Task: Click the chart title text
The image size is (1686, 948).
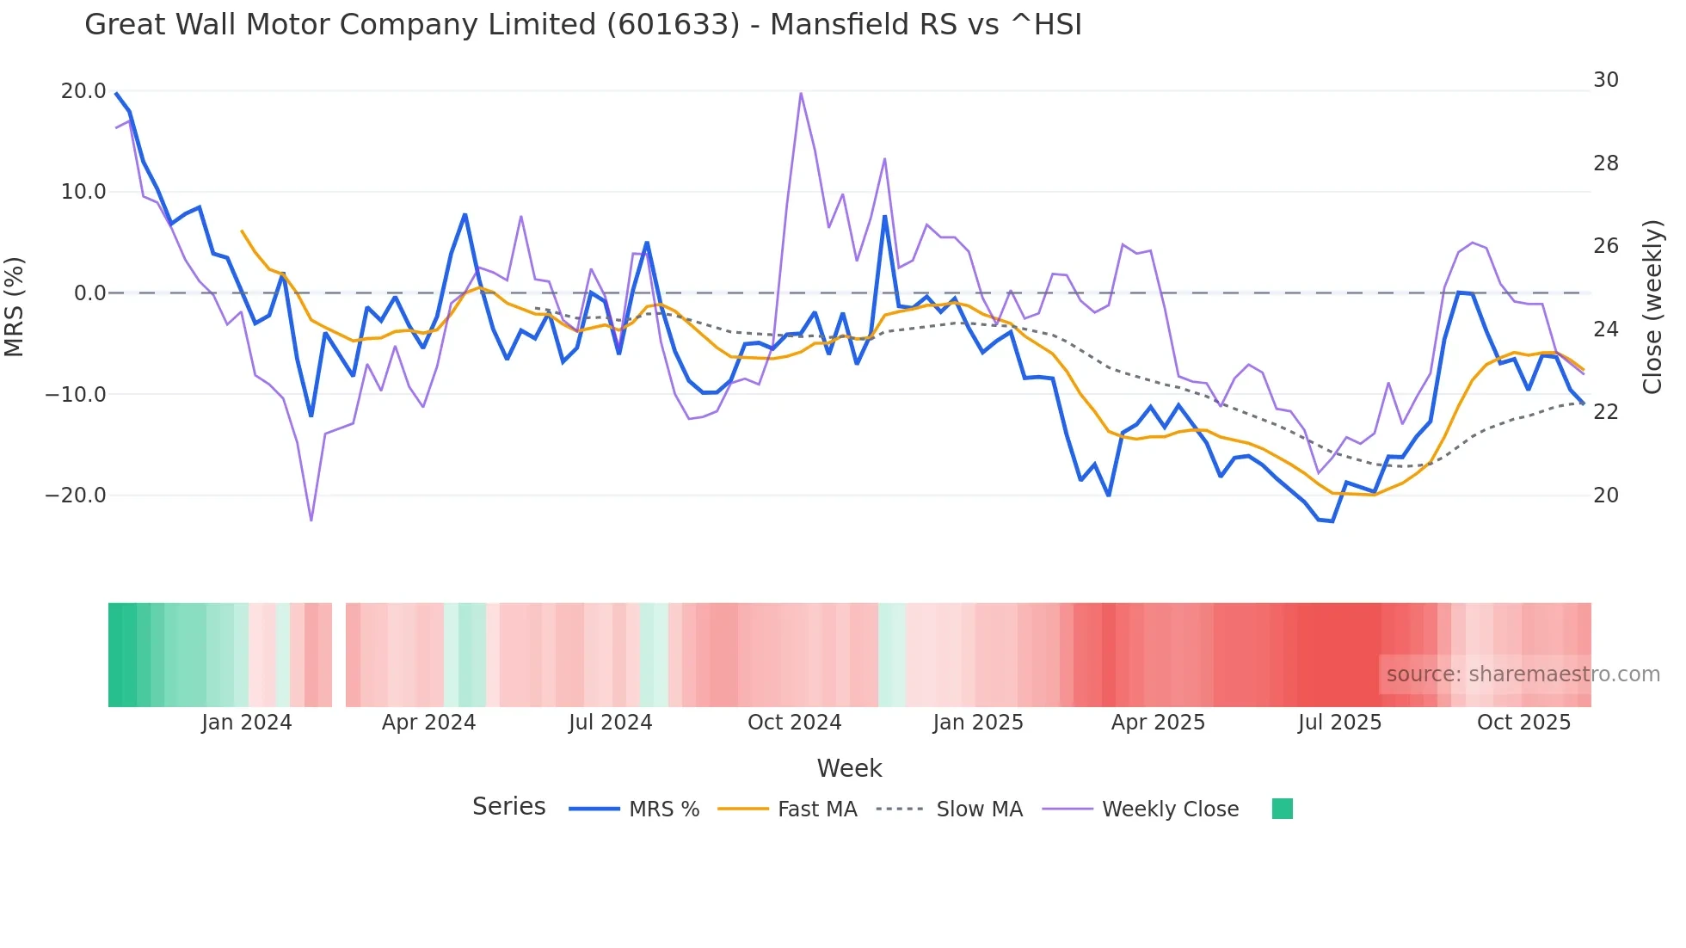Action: [582, 25]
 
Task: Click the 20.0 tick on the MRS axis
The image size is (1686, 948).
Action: [83, 91]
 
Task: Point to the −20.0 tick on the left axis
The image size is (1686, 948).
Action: [76, 496]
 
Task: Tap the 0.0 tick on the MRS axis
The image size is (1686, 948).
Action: [89, 293]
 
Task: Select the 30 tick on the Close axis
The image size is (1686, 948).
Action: [1605, 80]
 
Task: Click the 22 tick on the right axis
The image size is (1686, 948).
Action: [1605, 412]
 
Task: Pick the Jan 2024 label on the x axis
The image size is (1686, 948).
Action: [247, 723]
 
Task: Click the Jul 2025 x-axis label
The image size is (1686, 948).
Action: [1339, 723]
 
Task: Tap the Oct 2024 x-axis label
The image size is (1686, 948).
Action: [794, 723]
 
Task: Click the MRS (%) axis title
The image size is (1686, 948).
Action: [15, 306]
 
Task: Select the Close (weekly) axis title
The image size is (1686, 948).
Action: [1652, 307]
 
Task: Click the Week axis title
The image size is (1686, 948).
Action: [849, 768]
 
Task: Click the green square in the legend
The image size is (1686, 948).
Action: [1282, 809]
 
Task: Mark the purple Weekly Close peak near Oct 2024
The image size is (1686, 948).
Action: [801, 93]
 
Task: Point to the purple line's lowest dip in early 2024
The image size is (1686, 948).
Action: [311, 520]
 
